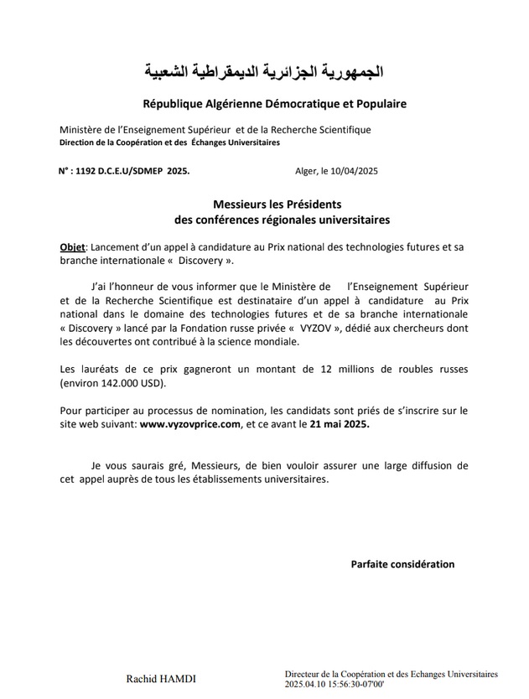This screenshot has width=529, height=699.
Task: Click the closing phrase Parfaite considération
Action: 402,564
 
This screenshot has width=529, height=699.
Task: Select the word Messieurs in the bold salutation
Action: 242,204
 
